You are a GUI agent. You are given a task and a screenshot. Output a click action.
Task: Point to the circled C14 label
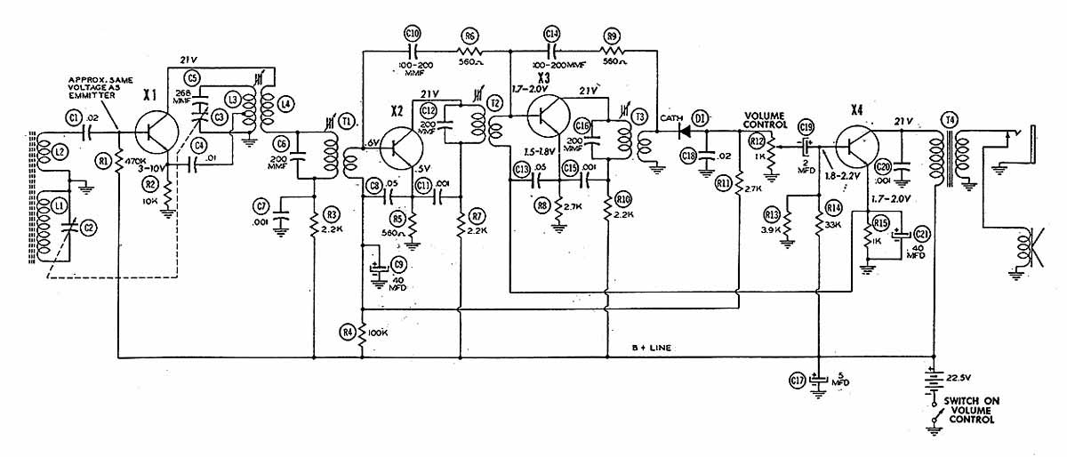point(552,34)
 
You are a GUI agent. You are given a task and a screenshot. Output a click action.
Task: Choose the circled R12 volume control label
point(758,141)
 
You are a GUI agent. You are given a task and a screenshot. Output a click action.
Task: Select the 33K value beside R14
point(834,225)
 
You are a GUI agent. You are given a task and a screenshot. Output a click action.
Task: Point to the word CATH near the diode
point(671,117)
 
